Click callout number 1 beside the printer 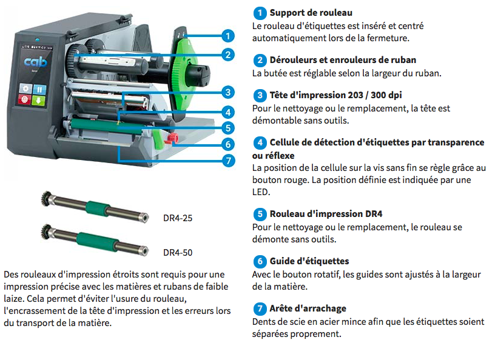(227, 36)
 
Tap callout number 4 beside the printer (228, 112)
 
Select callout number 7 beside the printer (228, 161)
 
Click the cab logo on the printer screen (35, 61)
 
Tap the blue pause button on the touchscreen (39, 90)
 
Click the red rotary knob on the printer (172, 138)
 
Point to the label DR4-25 (178, 218)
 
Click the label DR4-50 (178, 253)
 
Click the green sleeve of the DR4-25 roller (97, 208)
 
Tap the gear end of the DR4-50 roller (47, 232)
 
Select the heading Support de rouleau (311, 13)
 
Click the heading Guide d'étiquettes (309, 261)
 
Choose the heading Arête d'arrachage (308, 308)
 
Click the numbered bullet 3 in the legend (260, 95)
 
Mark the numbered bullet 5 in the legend (260, 214)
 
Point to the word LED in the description (261, 192)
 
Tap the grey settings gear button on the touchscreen (25, 88)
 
